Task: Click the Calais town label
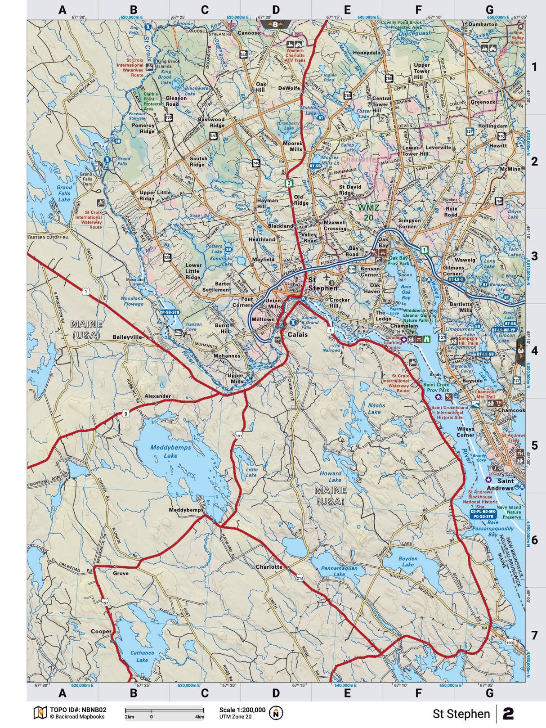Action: tap(298, 334)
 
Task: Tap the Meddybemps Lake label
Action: tap(170, 451)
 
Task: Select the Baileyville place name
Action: tap(127, 337)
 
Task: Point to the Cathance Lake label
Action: tap(142, 656)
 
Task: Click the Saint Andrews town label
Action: tap(502, 484)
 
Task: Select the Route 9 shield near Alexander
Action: tap(125, 413)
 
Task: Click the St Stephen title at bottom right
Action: tap(461, 714)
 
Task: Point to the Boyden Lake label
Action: tap(408, 562)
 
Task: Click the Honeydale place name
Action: tap(367, 53)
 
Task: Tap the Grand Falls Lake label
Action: tap(64, 193)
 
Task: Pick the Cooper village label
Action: tap(101, 631)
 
